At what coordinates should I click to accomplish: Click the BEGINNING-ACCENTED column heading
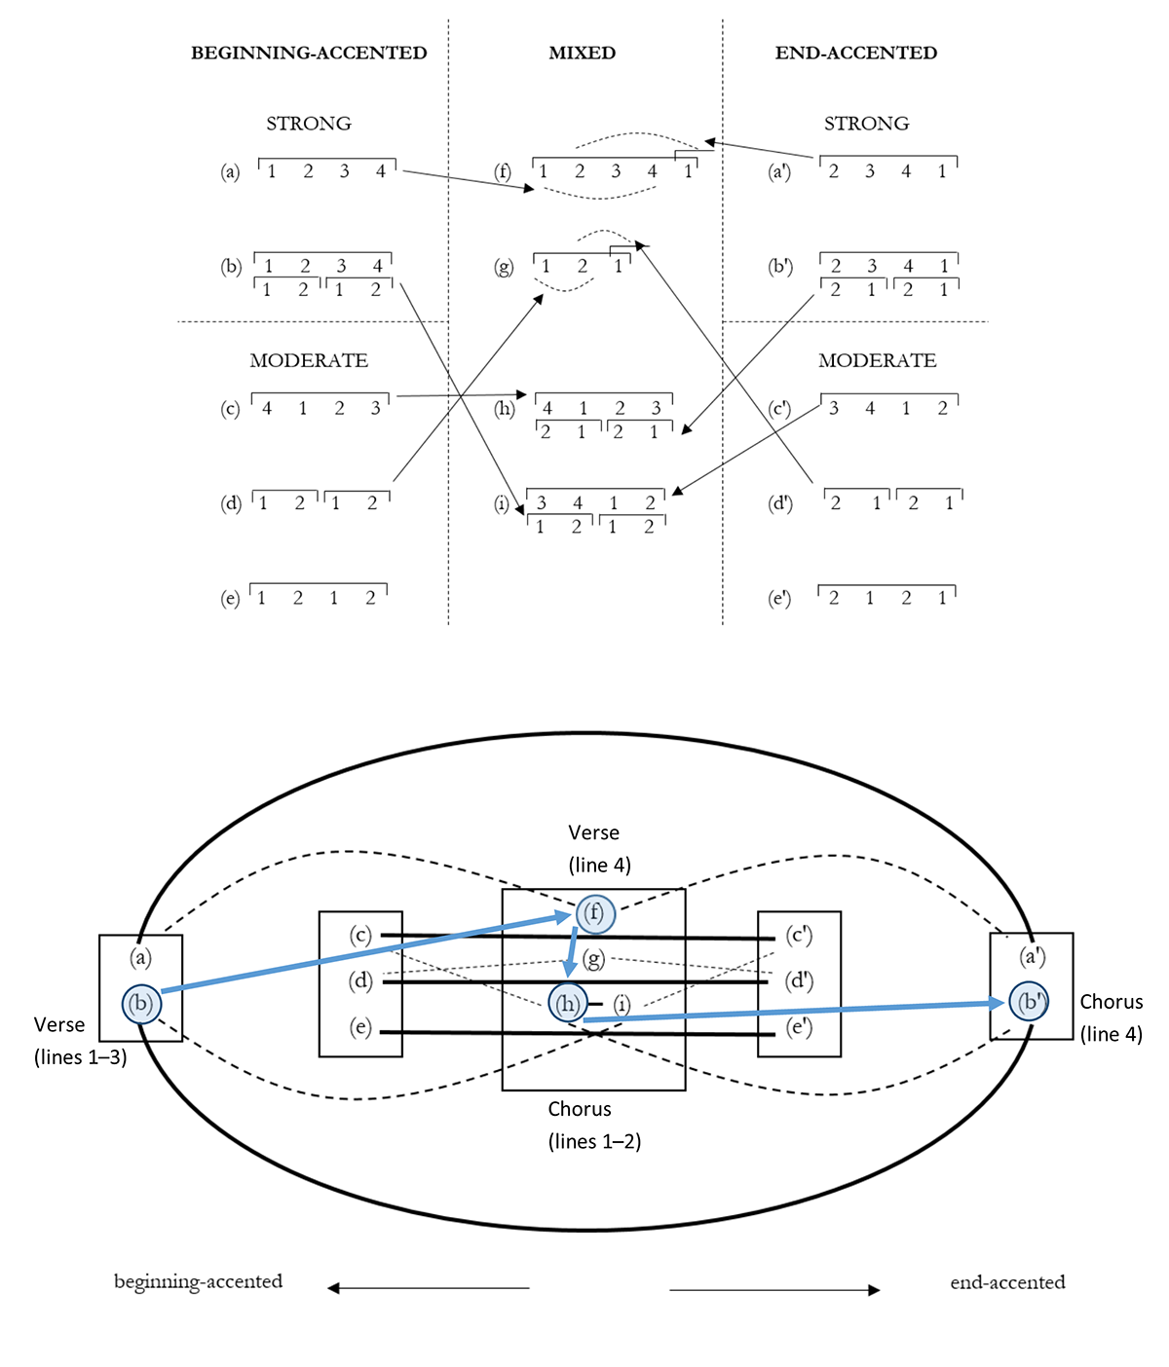coord(309,53)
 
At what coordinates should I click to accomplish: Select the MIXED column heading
coord(583,53)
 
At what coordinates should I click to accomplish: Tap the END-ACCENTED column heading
coord(856,53)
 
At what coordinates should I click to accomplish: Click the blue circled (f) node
coord(595,913)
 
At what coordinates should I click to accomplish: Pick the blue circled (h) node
coord(568,1003)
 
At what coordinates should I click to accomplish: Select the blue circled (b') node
coord(1029,1002)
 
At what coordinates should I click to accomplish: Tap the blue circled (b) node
coord(141,1003)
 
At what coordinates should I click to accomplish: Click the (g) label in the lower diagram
coord(594,959)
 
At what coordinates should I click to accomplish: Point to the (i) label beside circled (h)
coord(622,1005)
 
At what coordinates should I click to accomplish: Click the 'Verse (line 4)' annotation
coord(599,848)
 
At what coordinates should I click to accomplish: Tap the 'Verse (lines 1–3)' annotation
coord(80,1041)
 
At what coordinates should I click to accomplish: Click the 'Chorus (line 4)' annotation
coord(1112,1017)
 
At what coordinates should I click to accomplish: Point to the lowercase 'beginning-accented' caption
coord(199,1281)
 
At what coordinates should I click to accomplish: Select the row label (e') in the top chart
coord(779,598)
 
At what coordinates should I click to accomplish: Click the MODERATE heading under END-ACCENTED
coord(878,360)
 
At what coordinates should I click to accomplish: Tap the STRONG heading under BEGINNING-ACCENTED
coord(309,124)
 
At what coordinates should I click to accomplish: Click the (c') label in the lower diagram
coord(799,935)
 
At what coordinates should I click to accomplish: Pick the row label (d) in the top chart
coord(231,503)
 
